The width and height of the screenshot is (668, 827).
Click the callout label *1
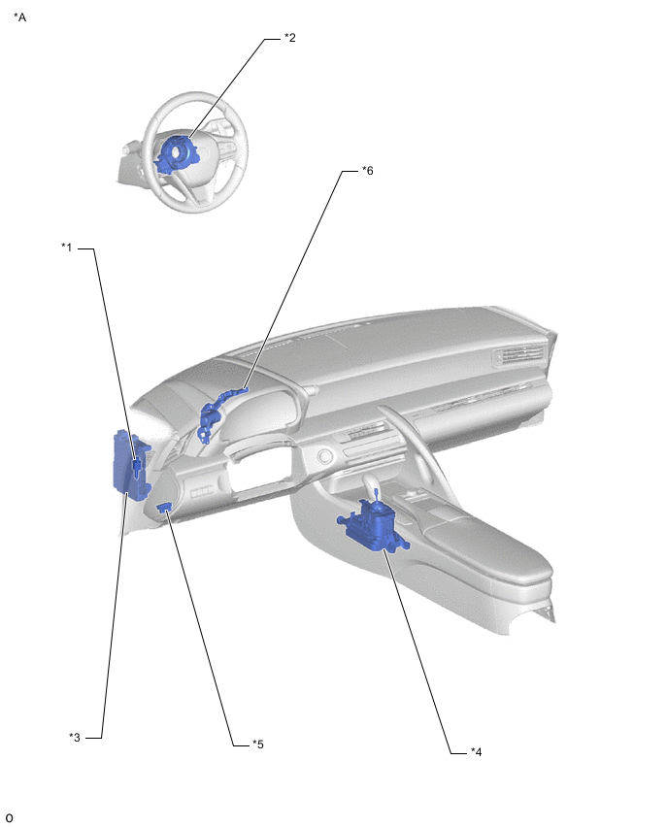(66, 247)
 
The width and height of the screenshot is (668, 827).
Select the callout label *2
(289, 38)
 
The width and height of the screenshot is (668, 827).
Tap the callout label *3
(75, 737)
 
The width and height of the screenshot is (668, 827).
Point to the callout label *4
(476, 751)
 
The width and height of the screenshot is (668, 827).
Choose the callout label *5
(257, 744)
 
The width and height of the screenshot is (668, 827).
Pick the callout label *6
(367, 171)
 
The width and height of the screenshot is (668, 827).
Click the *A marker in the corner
(19, 17)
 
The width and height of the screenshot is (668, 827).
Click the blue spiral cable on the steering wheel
(175, 153)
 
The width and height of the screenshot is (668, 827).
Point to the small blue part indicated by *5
(165, 507)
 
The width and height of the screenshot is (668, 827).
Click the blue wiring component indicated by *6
(217, 412)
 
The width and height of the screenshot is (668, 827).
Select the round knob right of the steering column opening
(323, 455)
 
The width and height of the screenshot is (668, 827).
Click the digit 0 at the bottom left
(9, 817)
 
